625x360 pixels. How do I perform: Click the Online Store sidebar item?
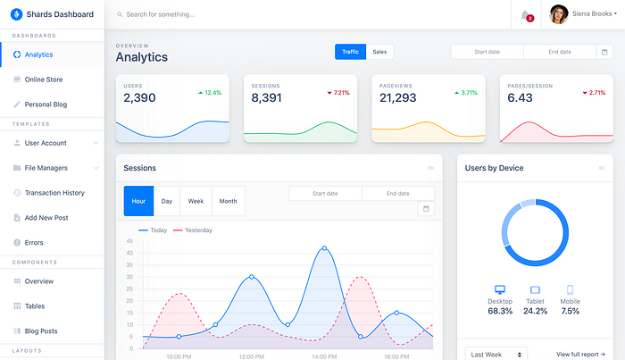(43, 80)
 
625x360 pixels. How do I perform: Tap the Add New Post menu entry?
(46, 217)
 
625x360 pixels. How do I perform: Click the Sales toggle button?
(379, 52)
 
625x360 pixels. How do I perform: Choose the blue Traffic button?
(351, 52)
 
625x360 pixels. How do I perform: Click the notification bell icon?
(525, 14)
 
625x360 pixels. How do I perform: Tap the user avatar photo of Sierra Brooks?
(559, 14)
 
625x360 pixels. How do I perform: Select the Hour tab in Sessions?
(138, 201)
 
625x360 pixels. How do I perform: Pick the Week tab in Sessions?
(196, 201)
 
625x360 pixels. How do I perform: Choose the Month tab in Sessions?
(229, 201)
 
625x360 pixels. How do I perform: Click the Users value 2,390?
(139, 98)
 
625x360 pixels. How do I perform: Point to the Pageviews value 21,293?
(397, 98)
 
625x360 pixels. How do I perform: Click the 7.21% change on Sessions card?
(338, 93)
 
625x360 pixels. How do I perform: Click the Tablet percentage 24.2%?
(536, 311)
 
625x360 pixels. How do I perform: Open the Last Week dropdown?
(496, 354)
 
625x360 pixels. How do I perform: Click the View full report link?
(580, 354)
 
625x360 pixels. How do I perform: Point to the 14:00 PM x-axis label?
(323, 356)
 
